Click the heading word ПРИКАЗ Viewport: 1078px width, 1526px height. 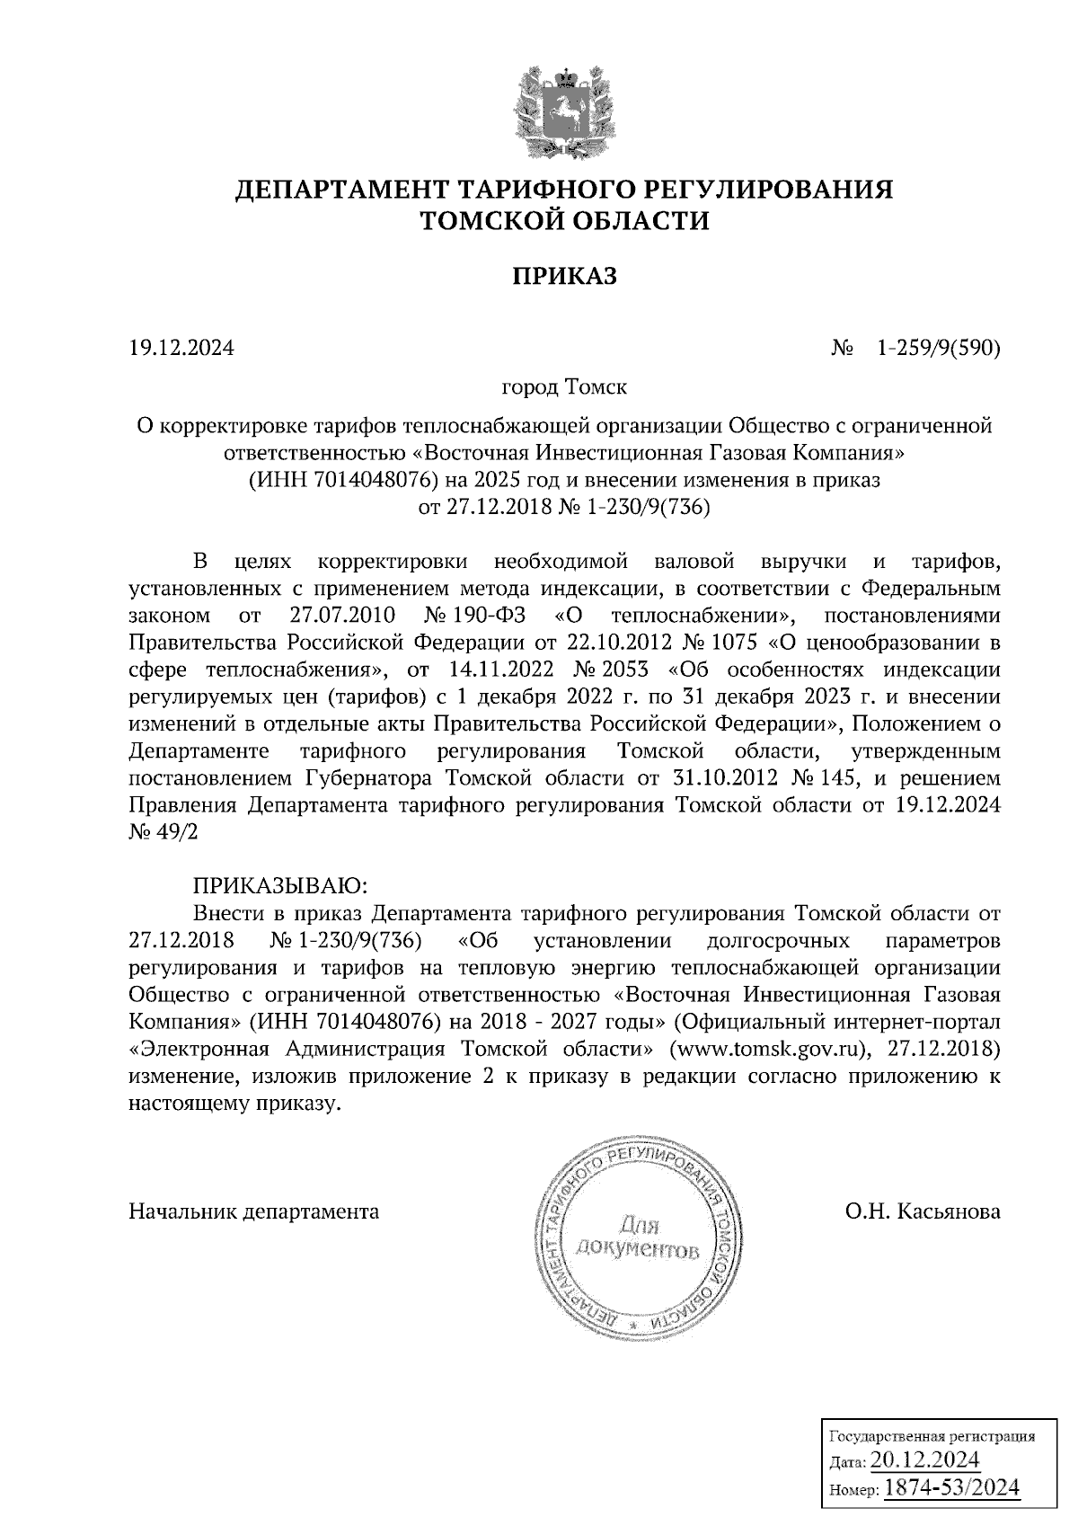[565, 276]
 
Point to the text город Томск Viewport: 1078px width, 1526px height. [564, 388]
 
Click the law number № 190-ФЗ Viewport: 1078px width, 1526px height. [477, 616]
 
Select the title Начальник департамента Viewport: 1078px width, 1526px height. [254, 1211]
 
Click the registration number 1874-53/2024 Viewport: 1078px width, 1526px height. [952, 1487]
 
